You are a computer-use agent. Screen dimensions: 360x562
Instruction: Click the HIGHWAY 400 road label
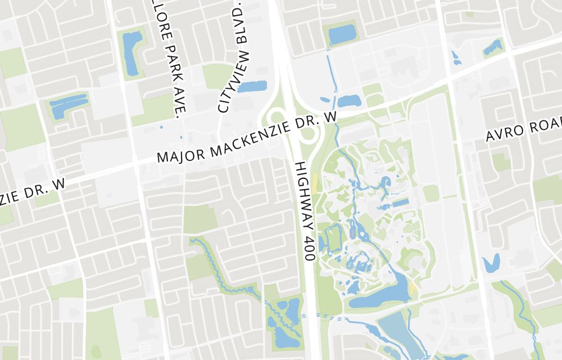pos(302,210)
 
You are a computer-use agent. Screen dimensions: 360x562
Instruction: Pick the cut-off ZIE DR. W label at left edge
pos(33,191)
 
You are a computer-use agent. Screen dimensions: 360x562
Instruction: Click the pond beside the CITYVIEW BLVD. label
pos(252,86)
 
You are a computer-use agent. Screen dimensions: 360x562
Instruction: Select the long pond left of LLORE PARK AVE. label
pos(132,53)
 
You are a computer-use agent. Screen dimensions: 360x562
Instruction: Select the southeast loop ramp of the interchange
pos(308,135)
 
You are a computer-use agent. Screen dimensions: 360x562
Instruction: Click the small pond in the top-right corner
pos(493,47)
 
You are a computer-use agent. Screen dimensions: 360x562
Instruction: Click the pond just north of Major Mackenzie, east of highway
pos(348,101)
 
